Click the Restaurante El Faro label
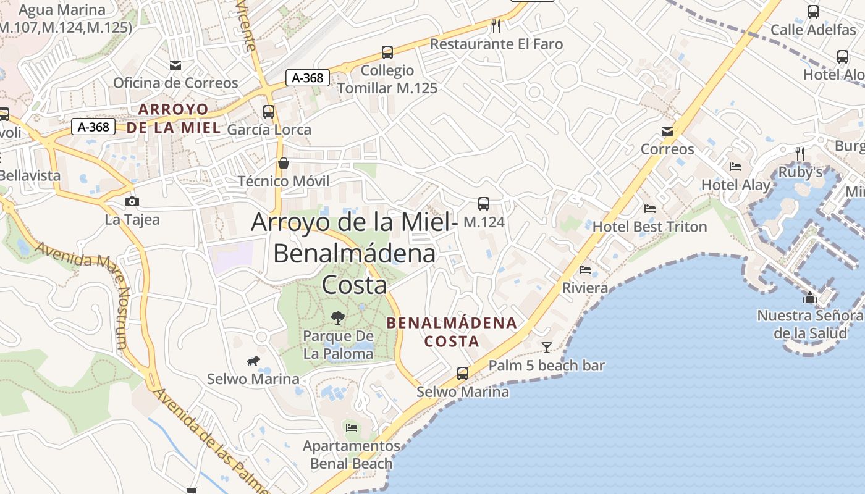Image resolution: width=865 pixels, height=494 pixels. tap(497, 44)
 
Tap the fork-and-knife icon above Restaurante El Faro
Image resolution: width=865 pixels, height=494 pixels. tap(496, 25)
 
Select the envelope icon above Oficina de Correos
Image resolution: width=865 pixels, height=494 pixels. tap(175, 65)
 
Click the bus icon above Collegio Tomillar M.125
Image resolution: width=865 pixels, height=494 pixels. tap(387, 52)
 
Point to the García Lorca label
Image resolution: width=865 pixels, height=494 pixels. tap(269, 130)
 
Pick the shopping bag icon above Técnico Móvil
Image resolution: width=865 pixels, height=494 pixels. tap(284, 163)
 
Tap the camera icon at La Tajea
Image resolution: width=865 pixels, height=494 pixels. tap(132, 201)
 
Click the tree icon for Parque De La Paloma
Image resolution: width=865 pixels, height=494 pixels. tap(338, 318)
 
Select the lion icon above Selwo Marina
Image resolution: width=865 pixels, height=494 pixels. tap(253, 361)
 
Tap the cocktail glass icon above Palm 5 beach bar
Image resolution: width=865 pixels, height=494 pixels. tap(546, 347)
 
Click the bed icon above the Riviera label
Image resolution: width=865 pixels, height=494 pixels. tap(585, 270)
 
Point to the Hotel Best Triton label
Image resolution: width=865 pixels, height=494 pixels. tap(649, 227)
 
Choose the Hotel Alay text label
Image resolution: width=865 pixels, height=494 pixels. tap(736, 185)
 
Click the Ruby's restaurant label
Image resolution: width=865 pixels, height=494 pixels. tap(800, 172)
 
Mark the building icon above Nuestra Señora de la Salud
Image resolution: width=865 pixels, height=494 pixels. tap(809, 298)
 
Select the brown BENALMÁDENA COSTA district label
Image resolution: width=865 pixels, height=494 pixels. tap(452, 332)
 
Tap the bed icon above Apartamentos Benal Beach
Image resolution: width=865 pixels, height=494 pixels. tap(352, 427)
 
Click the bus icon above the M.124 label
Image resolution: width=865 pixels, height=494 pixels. tap(484, 203)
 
